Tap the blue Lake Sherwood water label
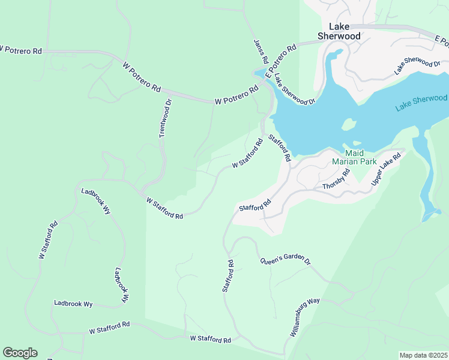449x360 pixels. coord(421,103)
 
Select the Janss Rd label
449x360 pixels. coord(261,52)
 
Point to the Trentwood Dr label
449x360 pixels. coord(166,119)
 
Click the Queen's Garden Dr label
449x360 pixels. coord(285,262)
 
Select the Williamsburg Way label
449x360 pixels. coord(305,317)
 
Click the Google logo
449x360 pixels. coord(20,353)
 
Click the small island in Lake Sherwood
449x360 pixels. coord(347,125)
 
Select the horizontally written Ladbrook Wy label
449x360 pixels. coord(73,304)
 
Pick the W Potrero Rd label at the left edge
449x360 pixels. coord(21,50)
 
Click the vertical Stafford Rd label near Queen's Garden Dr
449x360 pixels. coord(228,276)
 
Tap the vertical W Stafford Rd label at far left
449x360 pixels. coord(48,240)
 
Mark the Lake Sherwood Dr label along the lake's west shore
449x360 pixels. coord(295,89)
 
